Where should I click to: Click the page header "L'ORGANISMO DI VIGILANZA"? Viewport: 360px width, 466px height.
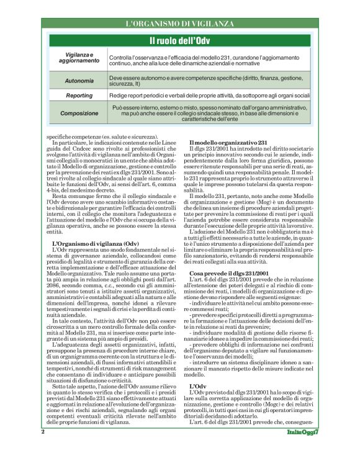tap(180, 24)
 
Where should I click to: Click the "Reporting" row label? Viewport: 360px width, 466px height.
tap(79, 96)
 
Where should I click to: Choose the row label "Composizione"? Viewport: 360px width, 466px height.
tap(79, 114)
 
